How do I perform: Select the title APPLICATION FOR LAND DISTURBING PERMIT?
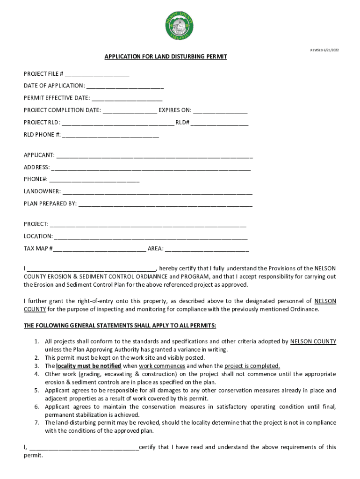coord(166,57)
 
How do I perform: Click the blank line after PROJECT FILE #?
coord(97,74)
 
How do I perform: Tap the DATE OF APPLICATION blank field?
coord(125,86)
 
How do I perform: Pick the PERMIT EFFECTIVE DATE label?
coord(57,98)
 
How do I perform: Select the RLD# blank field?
coord(220,123)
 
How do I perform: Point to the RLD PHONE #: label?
coord(42,135)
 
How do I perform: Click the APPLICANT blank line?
coord(154,155)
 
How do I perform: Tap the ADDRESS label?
coord(36,167)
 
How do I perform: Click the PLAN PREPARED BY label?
coord(50,204)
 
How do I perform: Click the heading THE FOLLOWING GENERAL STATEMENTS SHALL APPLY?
coord(120,326)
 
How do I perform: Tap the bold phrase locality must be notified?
coord(88,366)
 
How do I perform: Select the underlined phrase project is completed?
coord(252,366)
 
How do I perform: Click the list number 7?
coord(36,422)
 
